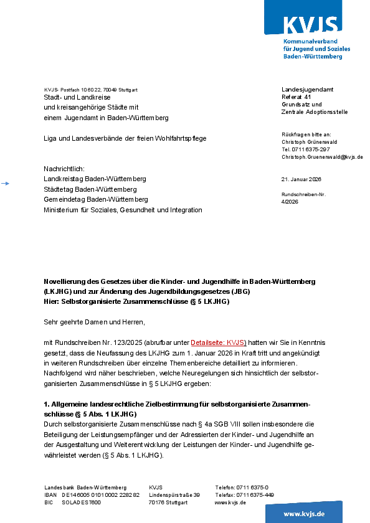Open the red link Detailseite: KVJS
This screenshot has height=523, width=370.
(218, 343)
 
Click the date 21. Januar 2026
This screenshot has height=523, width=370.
(301, 179)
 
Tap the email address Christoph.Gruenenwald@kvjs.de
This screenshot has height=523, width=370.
(322, 157)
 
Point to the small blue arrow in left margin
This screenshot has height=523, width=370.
(5, 183)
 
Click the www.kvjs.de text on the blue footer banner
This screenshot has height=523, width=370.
(304, 514)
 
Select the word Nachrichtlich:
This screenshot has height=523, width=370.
(64, 169)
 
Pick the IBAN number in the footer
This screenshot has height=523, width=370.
(100, 495)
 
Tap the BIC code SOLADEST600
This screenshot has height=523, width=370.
(81, 502)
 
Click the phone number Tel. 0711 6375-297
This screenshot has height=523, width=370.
(306, 149)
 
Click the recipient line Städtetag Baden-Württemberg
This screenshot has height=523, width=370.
(90, 189)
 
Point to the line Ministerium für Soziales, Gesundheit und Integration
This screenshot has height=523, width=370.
(123, 210)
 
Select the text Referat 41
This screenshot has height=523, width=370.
(296, 97)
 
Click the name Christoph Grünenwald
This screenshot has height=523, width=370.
(310, 142)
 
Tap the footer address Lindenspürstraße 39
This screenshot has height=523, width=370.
(174, 495)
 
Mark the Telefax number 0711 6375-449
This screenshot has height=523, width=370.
(254, 495)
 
